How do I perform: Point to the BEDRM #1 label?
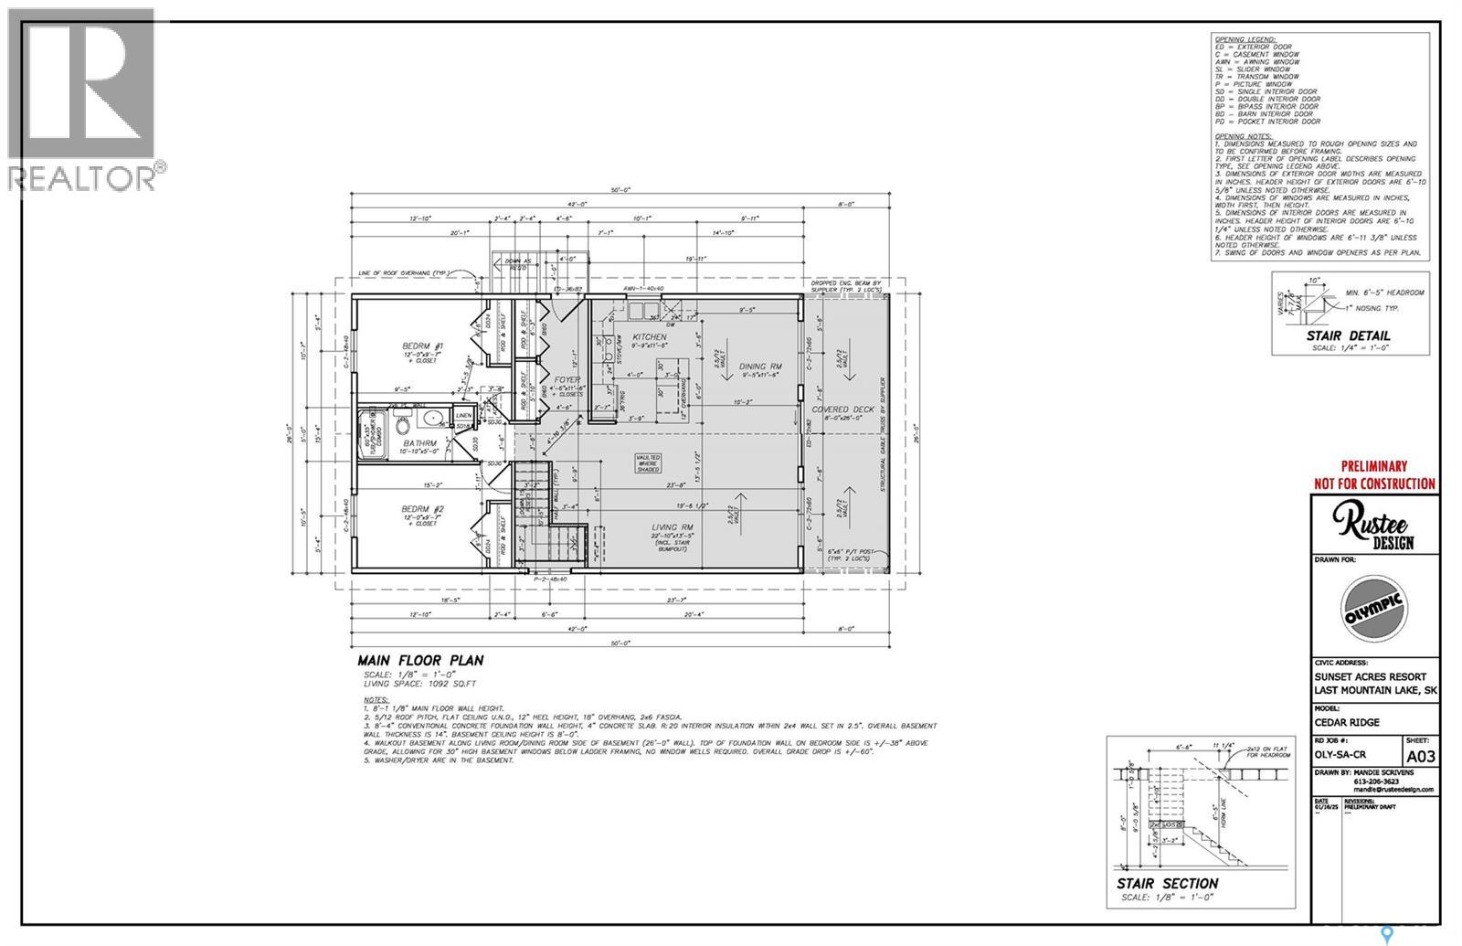click(x=423, y=346)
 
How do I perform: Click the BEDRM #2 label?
click(x=423, y=509)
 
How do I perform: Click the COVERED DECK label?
click(x=843, y=409)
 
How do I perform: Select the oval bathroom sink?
click(x=434, y=420)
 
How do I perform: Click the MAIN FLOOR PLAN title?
click(x=420, y=661)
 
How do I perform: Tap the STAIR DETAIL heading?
click(x=1349, y=335)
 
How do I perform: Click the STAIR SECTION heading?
click(x=1167, y=884)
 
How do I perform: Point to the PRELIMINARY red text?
click(x=1373, y=465)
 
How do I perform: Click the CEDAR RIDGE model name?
click(x=1347, y=722)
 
